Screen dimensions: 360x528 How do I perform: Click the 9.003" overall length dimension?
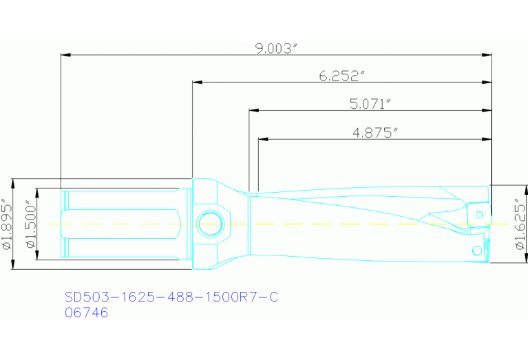coord(275,48)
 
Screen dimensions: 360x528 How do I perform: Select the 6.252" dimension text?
coord(341,76)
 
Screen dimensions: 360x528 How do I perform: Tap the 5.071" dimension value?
coord(370,104)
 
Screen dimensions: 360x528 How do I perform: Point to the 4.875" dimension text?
coord(375,133)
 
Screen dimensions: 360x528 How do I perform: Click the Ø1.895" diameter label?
coord(7,224)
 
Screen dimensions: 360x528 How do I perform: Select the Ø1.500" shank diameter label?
coord(29,224)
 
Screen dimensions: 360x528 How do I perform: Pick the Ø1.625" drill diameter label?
coord(520,224)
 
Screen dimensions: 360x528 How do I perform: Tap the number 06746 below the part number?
coord(86,313)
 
